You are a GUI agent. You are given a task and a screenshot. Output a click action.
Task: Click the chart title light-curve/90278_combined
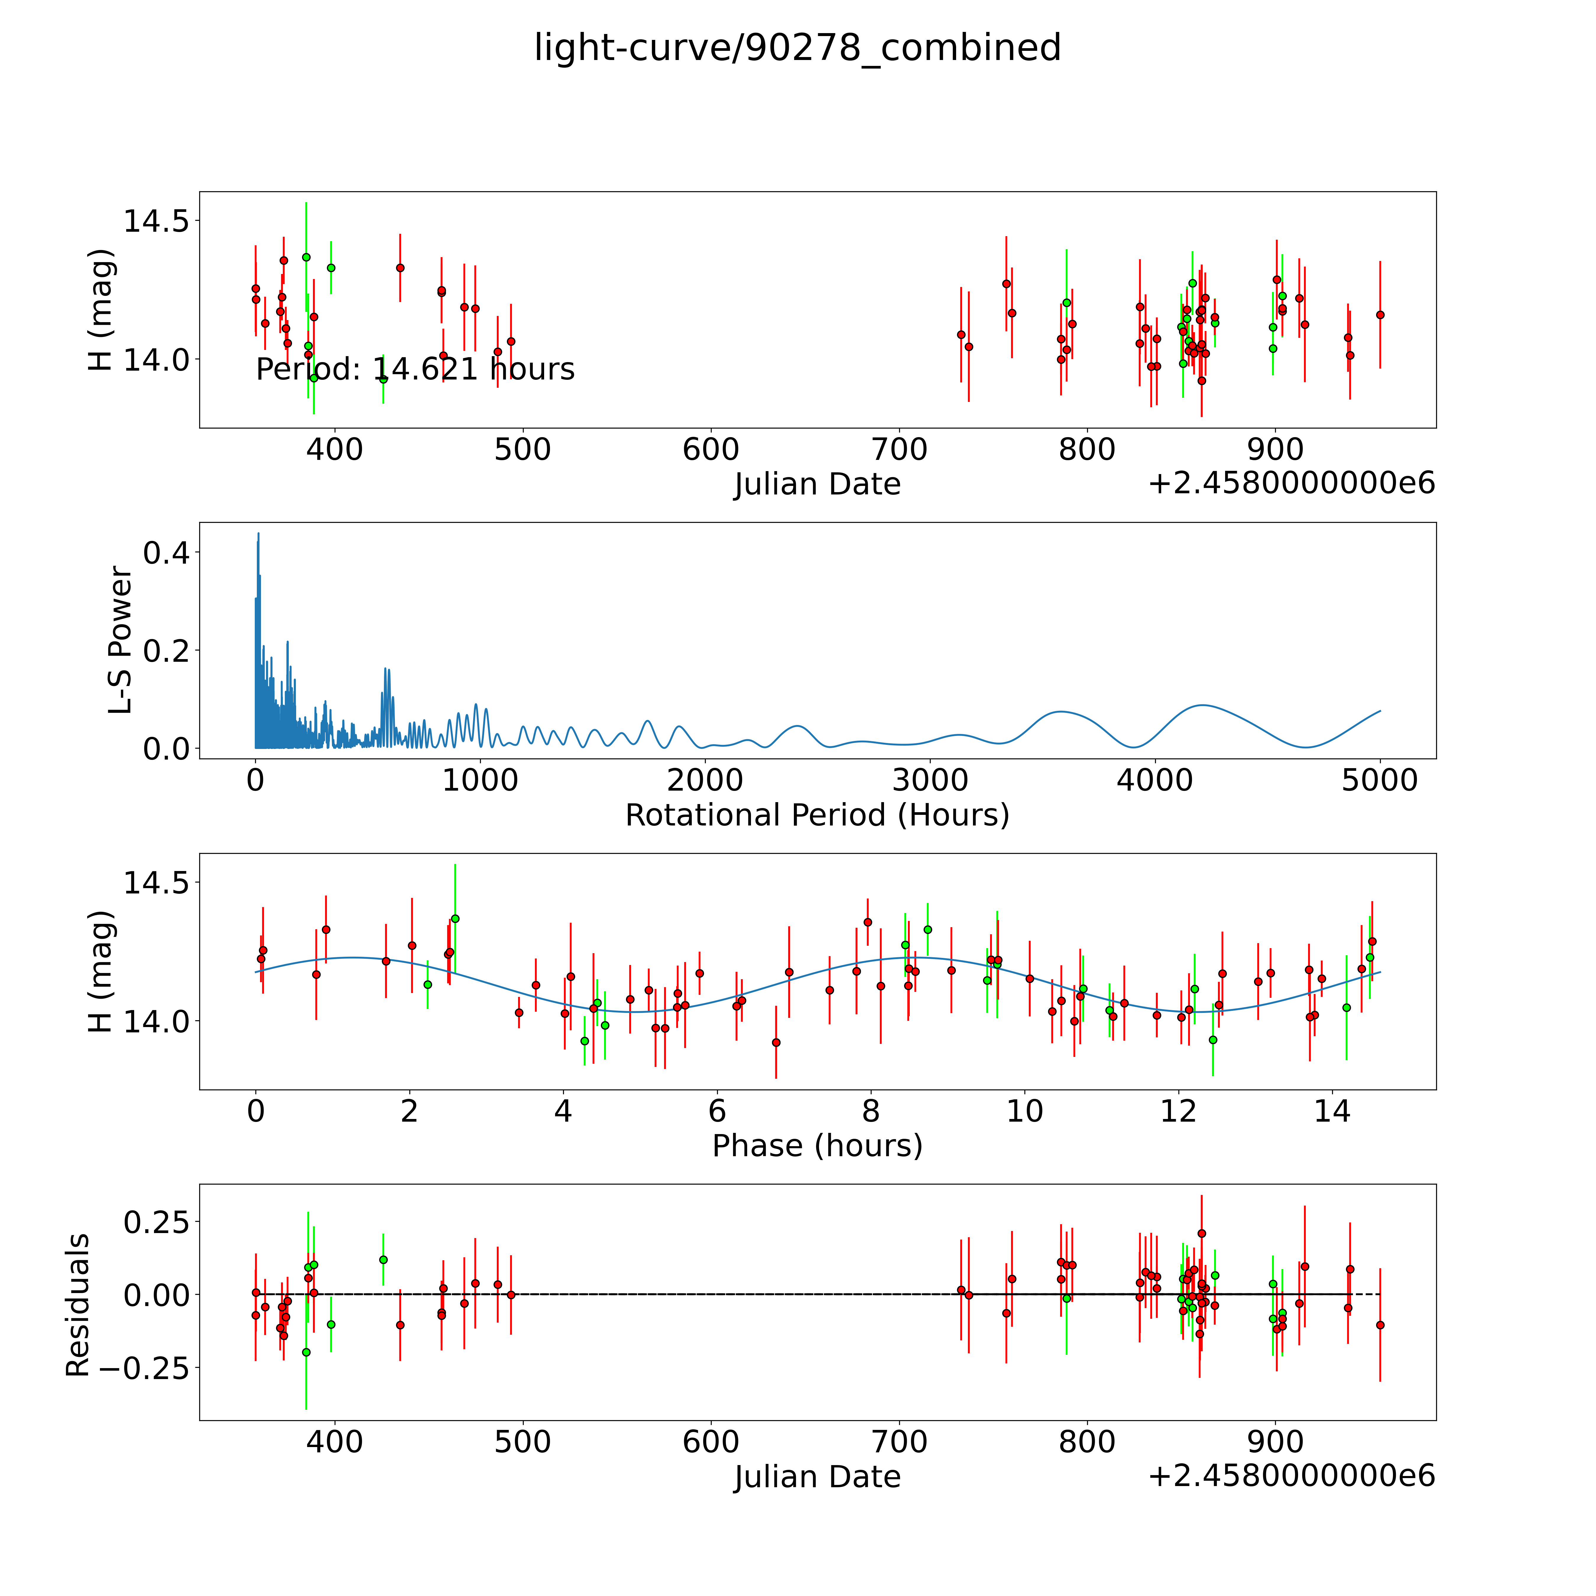click(x=797, y=48)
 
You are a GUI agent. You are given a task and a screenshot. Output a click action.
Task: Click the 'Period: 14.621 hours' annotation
click(x=415, y=369)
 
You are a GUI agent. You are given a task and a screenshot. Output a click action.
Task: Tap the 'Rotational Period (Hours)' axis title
click(x=817, y=815)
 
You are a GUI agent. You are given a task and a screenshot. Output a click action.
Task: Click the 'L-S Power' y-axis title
click(x=121, y=640)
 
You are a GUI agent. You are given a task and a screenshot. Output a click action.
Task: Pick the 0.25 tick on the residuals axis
click(x=157, y=1222)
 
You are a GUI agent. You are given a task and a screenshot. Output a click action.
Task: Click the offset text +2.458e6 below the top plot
click(x=1291, y=483)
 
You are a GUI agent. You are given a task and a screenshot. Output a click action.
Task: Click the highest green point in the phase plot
click(x=454, y=919)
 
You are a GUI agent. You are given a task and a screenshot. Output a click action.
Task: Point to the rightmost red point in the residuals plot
click(x=1380, y=1325)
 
